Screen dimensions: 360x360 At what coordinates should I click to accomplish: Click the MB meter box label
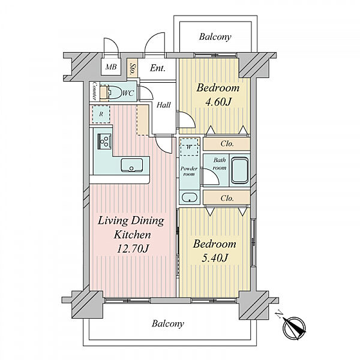tap(111, 67)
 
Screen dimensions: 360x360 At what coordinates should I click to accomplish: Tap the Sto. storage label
tap(132, 68)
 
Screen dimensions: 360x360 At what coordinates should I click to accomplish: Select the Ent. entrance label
tap(157, 68)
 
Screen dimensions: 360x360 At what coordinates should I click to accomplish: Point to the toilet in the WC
tap(114, 92)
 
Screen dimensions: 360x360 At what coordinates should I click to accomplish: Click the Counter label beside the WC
tap(94, 91)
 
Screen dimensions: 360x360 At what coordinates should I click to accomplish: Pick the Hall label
tap(163, 105)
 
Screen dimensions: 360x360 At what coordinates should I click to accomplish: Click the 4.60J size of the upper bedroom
tap(218, 102)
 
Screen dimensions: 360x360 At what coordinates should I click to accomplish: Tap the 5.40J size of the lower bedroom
tap(215, 258)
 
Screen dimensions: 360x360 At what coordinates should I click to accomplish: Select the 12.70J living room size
tap(133, 249)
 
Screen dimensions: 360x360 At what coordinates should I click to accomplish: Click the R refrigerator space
tap(101, 114)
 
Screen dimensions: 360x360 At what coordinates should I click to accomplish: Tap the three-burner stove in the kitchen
tap(104, 142)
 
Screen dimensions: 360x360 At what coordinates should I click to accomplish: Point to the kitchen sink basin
tap(132, 165)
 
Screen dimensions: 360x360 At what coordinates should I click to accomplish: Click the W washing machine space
tap(189, 147)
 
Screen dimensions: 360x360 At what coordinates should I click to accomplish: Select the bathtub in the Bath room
tap(239, 170)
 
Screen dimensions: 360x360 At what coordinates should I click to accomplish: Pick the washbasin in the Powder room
tap(190, 197)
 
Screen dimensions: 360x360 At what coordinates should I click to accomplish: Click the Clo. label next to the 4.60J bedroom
tap(227, 144)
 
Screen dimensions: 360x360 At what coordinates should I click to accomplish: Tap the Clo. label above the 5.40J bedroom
tap(227, 198)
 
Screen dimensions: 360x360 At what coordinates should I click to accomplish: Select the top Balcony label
tap(215, 37)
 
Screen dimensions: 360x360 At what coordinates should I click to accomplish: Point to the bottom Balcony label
tap(168, 324)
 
